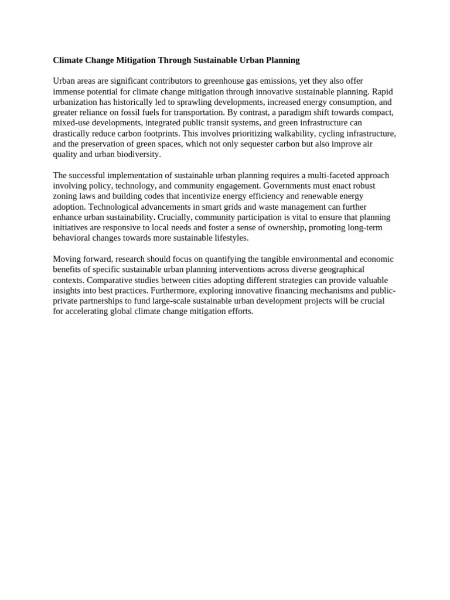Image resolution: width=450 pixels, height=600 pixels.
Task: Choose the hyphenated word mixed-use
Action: [x=72, y=123]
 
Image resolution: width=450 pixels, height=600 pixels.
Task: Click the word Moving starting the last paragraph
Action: [x=67, y=260]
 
